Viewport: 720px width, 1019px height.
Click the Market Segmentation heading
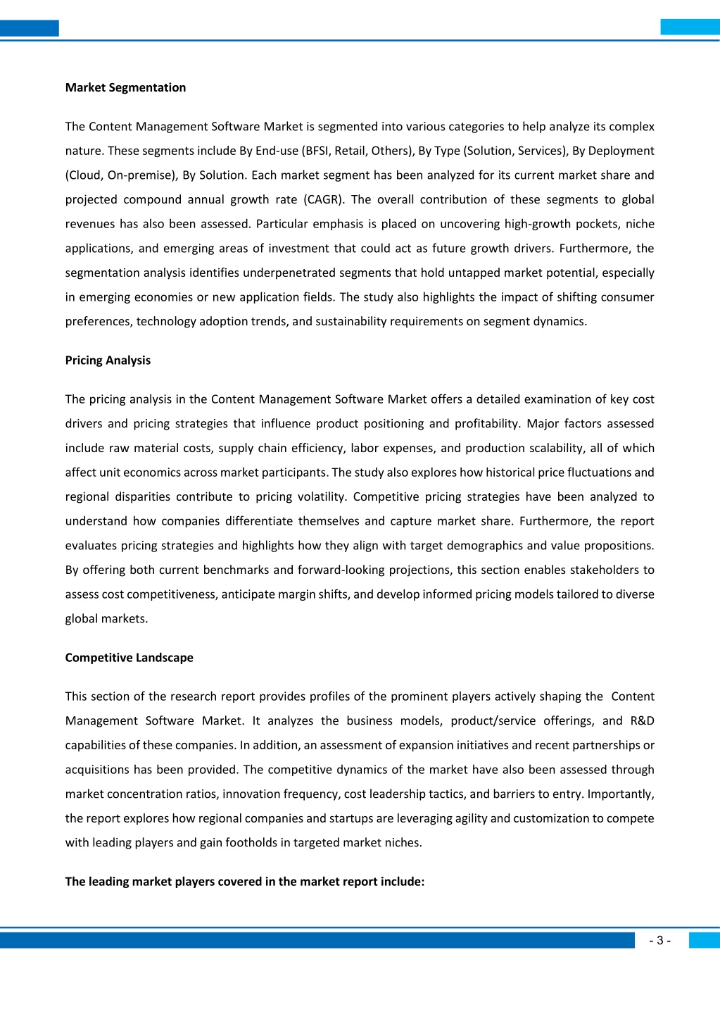(125, 87)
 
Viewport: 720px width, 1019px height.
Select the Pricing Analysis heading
(108, 360)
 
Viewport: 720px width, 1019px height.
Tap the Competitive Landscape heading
(129, 657)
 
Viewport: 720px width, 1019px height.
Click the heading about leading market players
(245, 881)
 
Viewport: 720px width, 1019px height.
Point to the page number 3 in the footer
(659, 940)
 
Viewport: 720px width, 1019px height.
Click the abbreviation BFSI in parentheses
(315, 151)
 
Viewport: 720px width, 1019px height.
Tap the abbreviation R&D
(642, 720)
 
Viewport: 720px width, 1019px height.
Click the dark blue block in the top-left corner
(29, 28)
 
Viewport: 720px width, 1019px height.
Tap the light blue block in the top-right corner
(690, 27)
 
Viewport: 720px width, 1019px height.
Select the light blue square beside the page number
(704, 940)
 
